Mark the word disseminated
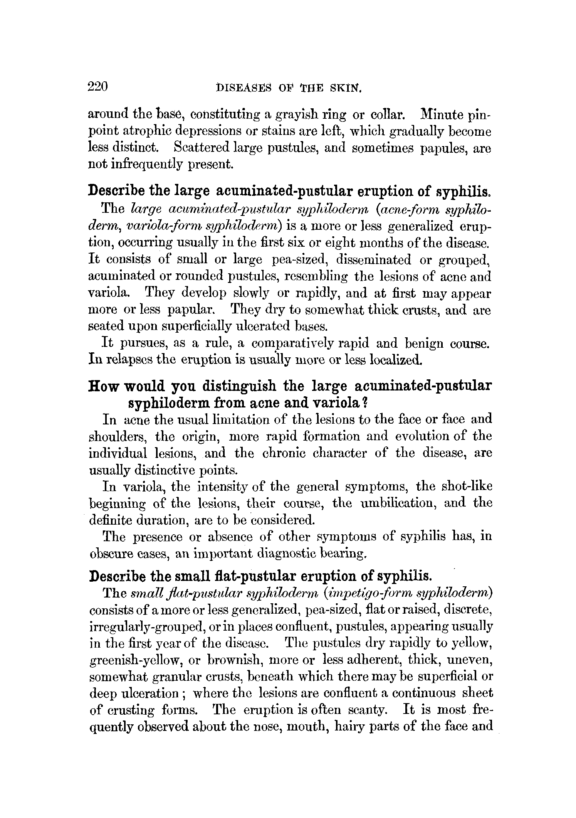[374, 260]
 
